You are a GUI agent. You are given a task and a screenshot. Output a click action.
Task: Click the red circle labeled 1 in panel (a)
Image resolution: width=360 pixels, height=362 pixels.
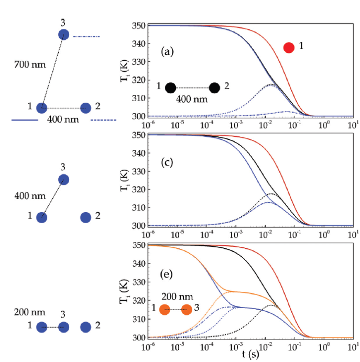pyautogui.click(x=289, y=48)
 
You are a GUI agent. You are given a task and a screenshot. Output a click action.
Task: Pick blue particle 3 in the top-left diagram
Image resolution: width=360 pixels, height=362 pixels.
pyautogui.click(x=64, y=35)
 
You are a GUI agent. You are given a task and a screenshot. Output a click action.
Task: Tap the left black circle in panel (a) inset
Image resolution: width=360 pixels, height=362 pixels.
pyautogui.click(x=170, y=87)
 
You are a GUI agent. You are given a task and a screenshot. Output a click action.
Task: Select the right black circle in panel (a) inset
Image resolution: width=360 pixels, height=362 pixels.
pyautogui.click(x=214, y=87)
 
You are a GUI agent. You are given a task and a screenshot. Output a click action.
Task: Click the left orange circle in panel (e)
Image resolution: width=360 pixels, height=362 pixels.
pyautogui.click(x=165, y=310)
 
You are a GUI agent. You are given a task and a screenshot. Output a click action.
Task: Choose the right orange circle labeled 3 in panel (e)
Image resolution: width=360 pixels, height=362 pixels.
pyautogui.click(x=187, y=310)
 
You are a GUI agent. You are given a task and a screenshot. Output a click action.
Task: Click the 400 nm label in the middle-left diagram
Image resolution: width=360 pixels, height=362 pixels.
pyautogui.click(x=26, y=195)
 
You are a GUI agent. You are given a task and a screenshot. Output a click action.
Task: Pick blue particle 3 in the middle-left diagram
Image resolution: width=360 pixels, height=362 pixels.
pyautogui.click(x=64, y=180)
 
